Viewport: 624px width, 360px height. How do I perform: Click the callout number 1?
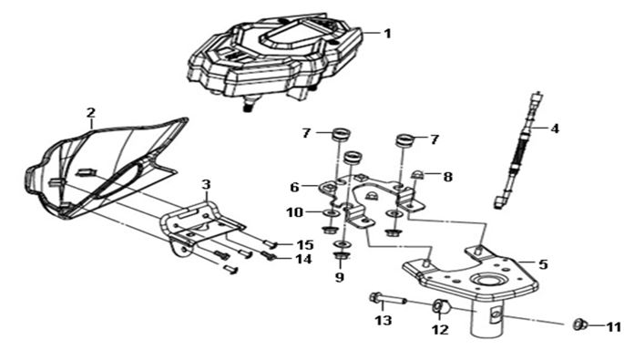tap(387, 34)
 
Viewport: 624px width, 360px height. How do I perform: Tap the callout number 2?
tap(91, 113)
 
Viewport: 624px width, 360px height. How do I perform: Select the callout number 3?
tap(206, 185)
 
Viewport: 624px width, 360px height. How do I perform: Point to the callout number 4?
tap(555, 129)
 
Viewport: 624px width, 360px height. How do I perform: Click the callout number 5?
tap(543, 264)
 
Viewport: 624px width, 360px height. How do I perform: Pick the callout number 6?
tap(294, 187)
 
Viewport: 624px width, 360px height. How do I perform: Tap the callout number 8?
tap(447, 177)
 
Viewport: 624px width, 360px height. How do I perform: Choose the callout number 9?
tap(339, 277)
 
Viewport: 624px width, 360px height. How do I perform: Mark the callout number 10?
tap(295, 212)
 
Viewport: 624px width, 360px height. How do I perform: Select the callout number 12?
tap(440, 329)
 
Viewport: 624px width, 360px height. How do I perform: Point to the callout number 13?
tap(384, 320)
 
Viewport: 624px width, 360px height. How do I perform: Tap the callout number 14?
tap(303, 259)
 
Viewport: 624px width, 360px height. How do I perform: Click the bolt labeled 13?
tap(387, 299)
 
